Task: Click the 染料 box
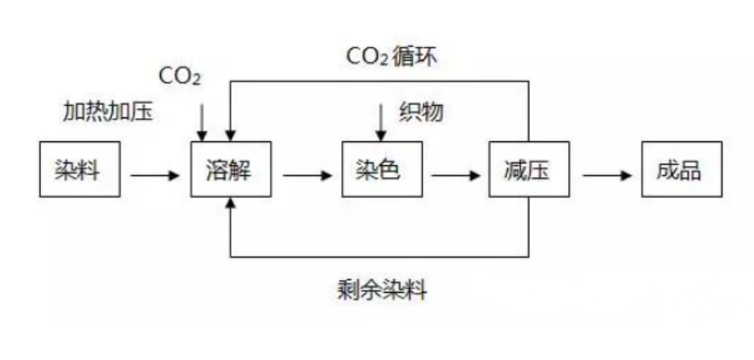pos(80,169)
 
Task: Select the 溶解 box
pos(231,169)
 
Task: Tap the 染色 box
pos(382,169)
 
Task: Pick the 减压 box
pos(529,169)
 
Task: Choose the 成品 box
pos(682,169)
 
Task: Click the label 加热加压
pos(108,112)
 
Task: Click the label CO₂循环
pos(392,57)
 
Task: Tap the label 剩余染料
pos(383,290)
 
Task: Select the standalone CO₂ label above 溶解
pos(180,77)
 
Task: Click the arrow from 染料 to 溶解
pos(155,175)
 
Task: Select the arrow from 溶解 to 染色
pos(307,175)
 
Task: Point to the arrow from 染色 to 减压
pos(455,175)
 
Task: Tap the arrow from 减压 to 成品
pos(607,175)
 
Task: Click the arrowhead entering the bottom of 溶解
pos(231,203)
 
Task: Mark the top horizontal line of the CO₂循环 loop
pos(380,81)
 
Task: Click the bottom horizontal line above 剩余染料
pos(380,257)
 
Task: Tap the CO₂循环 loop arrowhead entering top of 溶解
pos(231,135)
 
